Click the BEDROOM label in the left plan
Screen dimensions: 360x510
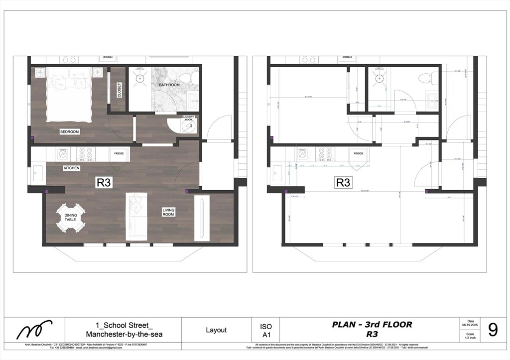[70, 132]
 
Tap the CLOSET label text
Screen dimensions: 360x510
[120, 90]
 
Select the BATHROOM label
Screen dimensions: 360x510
[169, 85]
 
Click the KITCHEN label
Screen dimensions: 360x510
[71, 168]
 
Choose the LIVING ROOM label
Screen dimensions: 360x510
[168, 213]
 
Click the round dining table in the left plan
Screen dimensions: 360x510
[70, 218]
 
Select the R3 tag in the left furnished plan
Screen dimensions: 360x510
[103, 183]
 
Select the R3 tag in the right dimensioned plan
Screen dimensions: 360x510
[343, 183]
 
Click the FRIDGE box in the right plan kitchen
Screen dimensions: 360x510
[359, 154]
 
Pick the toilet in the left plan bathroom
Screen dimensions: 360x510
[186, 79]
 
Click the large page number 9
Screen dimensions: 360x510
[493, 330]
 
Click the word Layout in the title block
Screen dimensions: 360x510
[216, 330]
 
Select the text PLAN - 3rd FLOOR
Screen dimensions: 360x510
[372, 325]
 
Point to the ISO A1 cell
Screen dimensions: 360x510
[266, 331]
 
